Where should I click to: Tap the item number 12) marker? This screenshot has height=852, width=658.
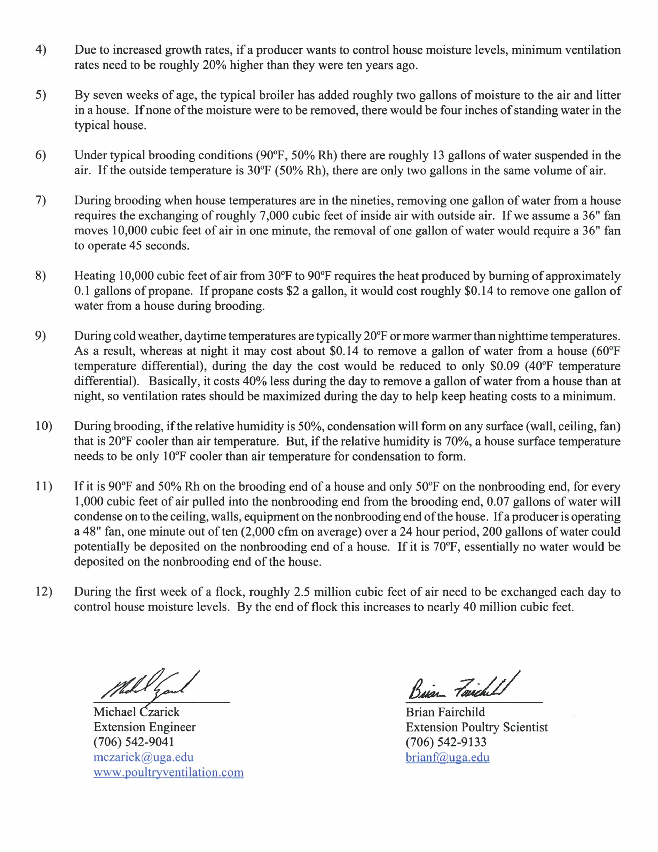click(x=43, y=591)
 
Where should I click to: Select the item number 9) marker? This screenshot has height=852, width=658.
click(x=41, y=336)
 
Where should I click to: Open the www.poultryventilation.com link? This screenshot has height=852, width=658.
click(x=168, y=772)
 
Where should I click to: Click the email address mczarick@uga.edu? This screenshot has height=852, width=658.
click(x=143, y=757)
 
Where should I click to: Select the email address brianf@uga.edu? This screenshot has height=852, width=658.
click(x=448, y=757)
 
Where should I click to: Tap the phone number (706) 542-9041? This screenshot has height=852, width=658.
click(x=134, y=742)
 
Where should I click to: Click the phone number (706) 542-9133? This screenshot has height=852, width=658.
click(x=446, y=742)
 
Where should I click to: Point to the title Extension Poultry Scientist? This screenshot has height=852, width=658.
click(x=477, y=727)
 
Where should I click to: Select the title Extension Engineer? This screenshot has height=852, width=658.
click(x=145, y=727)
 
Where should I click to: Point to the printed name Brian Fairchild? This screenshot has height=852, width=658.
click(x=445, y=712)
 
